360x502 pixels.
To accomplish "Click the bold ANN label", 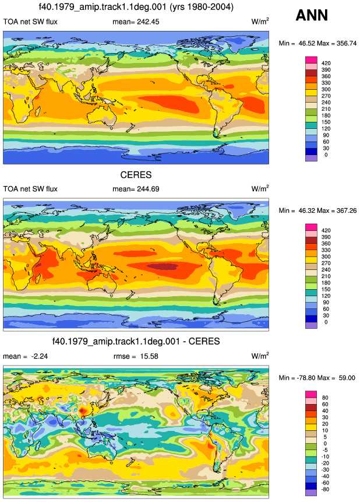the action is [x=312, y=15].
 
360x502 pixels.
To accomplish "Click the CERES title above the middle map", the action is [x=136, y=175].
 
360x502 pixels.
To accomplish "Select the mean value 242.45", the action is [x=148, y=22].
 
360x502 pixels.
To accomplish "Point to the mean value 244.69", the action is [x=148, y=189].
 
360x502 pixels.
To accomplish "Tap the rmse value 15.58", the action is [x=149, y=356].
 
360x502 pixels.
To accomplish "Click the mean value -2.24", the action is [x=40, y=356].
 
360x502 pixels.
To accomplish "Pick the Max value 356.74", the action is [x=346, y=43].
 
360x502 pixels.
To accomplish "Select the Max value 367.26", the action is [x=346, y=210].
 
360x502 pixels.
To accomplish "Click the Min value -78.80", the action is [x=305, y=378].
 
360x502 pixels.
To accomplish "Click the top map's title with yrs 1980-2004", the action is [x=136, y=7].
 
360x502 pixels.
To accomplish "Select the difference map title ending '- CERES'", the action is [x=136, y=341].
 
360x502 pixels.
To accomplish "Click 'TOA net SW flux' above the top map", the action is [x=30, y=22].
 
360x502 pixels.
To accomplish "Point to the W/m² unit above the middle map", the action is [x=260, y=188].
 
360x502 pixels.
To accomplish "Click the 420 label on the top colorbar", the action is [x=326, y=63].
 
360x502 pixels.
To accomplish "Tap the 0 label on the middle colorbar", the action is [x=326, y=322].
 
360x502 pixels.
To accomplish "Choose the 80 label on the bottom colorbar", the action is [x=325, y=398].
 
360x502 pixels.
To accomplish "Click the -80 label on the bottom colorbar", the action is [x=325, y=489].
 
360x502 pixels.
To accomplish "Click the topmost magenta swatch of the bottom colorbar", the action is [x=311, y=394].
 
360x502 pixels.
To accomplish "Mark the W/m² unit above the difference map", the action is [x=260, y=356].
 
